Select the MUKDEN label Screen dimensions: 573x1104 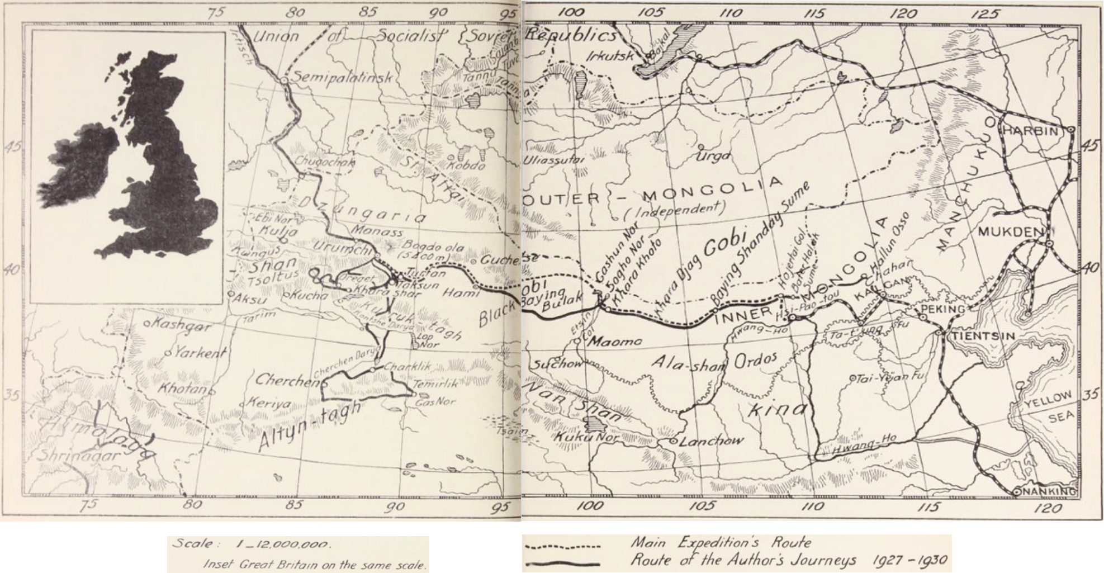click(1010, 231)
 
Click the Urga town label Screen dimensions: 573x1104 click(713, 157)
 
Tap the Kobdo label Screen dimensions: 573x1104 click(466, 165)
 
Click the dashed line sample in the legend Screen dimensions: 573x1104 click(562, 547)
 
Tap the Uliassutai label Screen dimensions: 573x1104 click(553, 160)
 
